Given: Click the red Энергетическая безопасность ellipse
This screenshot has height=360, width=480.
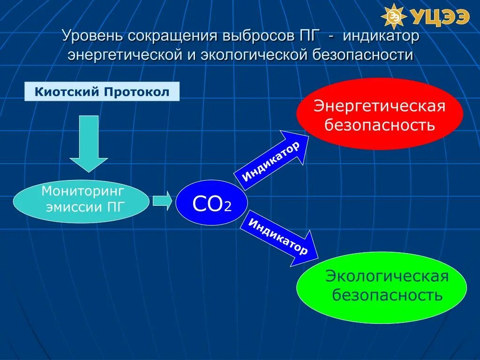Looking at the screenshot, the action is point(379,114).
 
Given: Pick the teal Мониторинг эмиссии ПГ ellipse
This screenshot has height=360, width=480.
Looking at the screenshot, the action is point(81,200).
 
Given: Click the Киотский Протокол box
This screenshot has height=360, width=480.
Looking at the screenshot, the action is point(102,91).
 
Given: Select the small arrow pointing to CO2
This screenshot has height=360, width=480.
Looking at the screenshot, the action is point(162,201).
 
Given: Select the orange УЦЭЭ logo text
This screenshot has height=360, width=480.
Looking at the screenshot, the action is point(441,17).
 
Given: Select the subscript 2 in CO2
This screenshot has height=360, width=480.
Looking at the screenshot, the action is point(228,207).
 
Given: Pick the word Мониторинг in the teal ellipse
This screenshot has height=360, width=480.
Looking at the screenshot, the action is point(83,191).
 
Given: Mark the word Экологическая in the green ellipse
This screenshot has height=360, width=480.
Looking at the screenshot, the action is point(387,276).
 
